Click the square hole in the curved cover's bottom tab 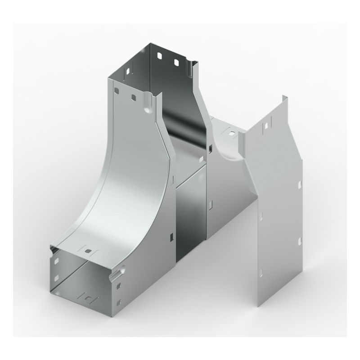tap(89, 251)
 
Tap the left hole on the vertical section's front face tap(117, 91)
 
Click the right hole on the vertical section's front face tap(134, 96)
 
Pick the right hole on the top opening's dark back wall tap(176, 62)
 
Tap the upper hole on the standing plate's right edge tap(299, 185)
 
